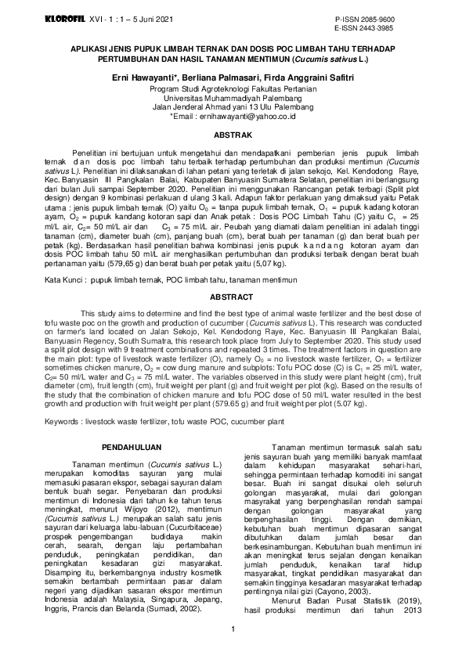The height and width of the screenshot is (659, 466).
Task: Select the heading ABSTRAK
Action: coord(233,133)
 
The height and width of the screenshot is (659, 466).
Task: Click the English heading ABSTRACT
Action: coord(233,298)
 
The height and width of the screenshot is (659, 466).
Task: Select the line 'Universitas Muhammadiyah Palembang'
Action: coord(233,98)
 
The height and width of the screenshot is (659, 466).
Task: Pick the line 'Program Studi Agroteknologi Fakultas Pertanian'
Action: coord(233,89)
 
